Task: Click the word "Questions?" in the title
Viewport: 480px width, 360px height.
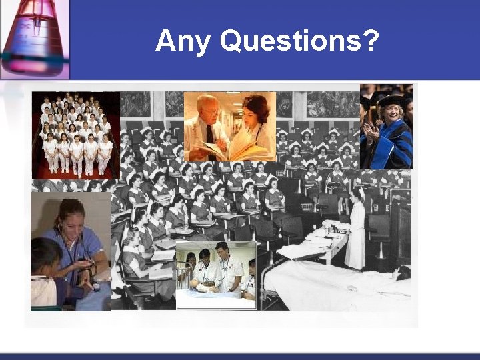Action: pyautogui.click(x=299, y=41)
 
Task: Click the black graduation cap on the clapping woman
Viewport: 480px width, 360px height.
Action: pyautogui.click(x=391, y=101)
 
